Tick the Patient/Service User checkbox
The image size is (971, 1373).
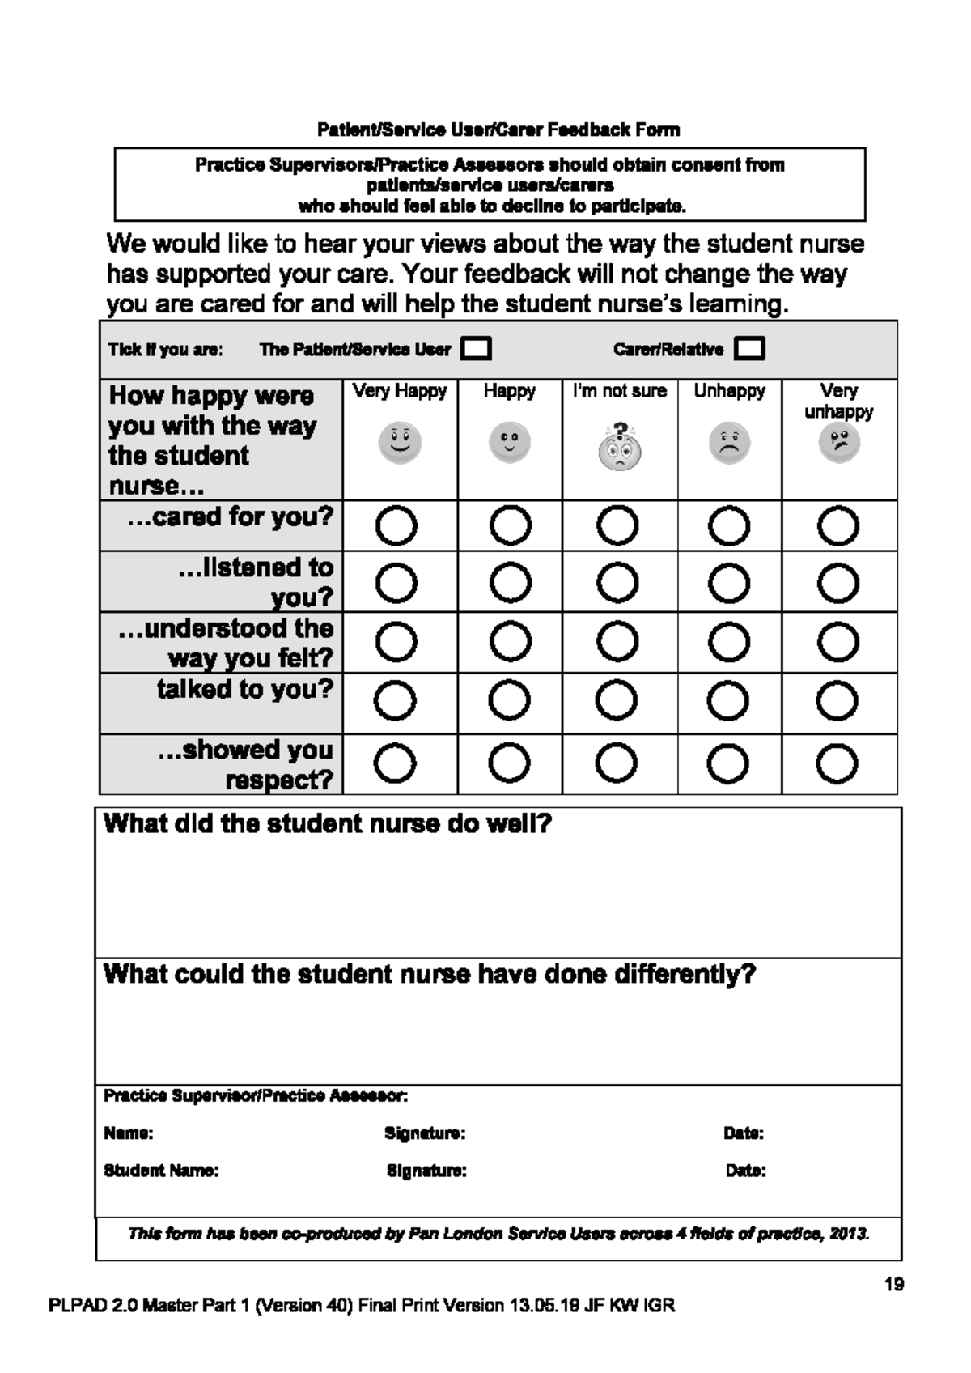(476, 349)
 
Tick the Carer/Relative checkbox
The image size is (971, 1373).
(749, 349)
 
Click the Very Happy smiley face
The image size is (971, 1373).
(400, 443)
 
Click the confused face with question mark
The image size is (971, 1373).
(619, 448)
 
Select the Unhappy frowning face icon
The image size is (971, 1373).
(729, 443)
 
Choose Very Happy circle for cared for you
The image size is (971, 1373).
(396, 526)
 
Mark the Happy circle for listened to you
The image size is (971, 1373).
(511, 583)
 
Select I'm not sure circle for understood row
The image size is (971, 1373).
(618, 642)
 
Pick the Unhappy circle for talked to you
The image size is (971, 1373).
(728, 701)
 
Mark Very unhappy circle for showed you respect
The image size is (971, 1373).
(837, 763)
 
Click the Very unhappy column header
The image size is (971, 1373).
(838, 401)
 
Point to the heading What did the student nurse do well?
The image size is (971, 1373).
(328, 824)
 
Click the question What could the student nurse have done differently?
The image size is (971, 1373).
(430, 973)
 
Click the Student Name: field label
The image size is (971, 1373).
(161, 1171)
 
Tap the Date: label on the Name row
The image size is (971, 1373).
(744, 1133)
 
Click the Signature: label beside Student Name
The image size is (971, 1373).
(426, 1171)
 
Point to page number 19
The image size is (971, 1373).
(894, 1284)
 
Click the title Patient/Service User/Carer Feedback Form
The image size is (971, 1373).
(498, 130)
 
